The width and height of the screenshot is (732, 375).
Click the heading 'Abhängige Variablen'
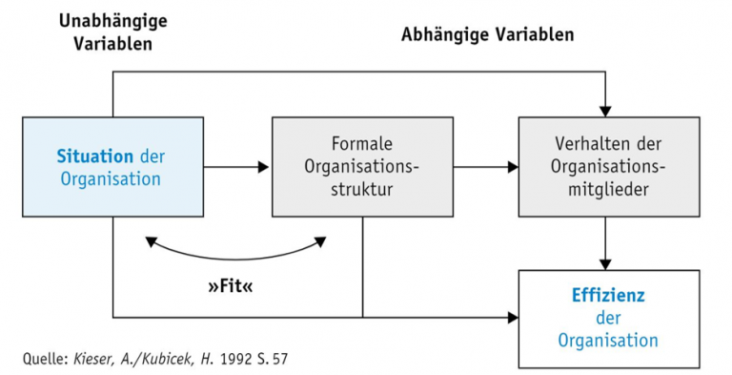[487, 35]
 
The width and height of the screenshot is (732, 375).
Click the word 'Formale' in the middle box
[363, 143]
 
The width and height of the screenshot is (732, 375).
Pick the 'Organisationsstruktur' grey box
[363, 200]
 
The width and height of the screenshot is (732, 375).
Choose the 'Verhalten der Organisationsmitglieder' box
[608, 200]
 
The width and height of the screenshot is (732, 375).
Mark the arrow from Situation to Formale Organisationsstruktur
[237, 167]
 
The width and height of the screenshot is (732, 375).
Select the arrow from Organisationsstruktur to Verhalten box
[486, 167]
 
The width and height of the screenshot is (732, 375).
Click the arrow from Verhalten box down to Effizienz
[604, 242]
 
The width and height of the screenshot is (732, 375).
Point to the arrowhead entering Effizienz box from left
[512, 317]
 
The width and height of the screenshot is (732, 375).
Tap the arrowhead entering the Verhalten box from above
[604, 109]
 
